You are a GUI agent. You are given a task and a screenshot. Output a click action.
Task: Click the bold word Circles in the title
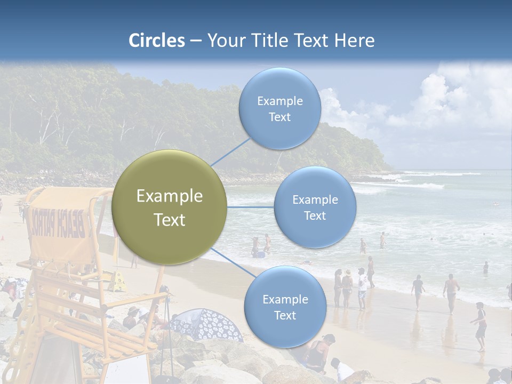(156, 41)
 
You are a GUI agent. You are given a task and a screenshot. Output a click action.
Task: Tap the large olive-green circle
(169, 207)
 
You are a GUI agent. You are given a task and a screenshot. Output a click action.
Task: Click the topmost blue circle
(279, 108)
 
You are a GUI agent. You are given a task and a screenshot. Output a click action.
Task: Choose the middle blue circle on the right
(315, 207)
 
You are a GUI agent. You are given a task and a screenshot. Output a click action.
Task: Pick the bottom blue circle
(285, 307)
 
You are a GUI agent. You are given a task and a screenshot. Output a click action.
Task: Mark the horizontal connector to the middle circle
(251, 207)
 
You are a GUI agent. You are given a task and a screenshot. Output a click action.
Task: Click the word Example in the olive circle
(169, 196)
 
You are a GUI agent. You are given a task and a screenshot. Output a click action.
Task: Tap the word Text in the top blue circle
(279, 117)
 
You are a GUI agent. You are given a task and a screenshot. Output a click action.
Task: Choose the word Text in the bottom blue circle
(285, 316)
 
